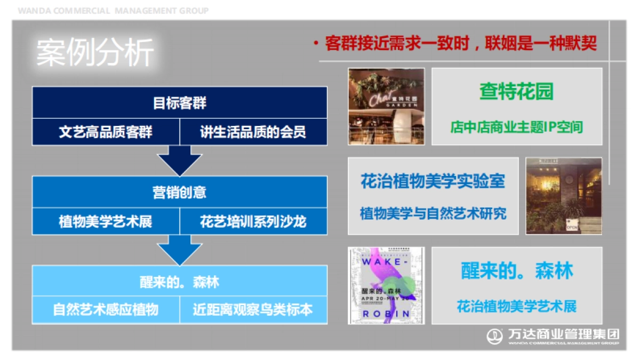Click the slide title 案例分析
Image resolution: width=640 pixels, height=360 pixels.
pyautogui.click(x=95, y=53)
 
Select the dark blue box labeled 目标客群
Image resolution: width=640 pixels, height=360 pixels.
pyautogui.click(x=179, y=102)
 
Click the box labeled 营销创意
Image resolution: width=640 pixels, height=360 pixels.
pyautogui.click(x=179, y=192)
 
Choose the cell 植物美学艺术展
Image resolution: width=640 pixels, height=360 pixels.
pyautogui.click(x=106, y=221)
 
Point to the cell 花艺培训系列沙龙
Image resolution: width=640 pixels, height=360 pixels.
pyautogui.click(x=253, y=221)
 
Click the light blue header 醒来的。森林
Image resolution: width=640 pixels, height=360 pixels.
pyautogui.click(x=179, y=282)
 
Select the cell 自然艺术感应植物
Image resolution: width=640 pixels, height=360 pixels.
pyautogui.click(x=106, y=310)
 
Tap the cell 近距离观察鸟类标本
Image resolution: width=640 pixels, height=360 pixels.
pyautogui.click(x=253, y=310)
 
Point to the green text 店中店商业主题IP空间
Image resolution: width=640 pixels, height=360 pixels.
pyautogui.click(x=516, y=127)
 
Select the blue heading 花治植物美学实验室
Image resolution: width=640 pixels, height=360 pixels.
pyautogui.click(x=433, y=181)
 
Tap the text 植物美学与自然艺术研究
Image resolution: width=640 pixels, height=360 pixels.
pyautogui.click(x=433, y=214)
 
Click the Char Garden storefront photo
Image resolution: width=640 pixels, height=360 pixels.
pyautogui.click(x=386, y=106)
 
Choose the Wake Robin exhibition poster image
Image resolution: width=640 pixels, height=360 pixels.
pyautogui.click(x=386, y=285)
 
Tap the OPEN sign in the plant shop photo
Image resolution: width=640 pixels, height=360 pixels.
pyautogui.click(x=572, y=226)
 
